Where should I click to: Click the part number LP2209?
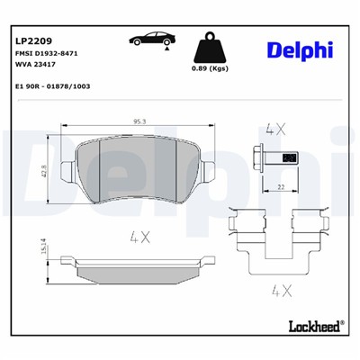[34, 40]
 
